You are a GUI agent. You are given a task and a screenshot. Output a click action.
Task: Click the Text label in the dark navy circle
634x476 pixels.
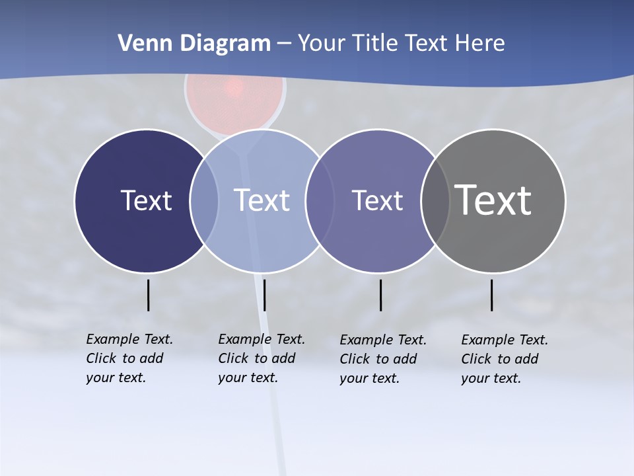coord(146,200)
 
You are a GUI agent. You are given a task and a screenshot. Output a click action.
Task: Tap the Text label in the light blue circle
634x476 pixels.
coord(262,200)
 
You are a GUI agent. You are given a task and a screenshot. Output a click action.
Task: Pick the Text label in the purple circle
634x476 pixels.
coord(377,200)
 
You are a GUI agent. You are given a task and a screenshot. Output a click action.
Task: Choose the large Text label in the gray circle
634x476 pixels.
coord(493,200)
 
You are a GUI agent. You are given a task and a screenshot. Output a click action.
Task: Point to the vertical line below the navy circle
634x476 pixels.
coord(149,295)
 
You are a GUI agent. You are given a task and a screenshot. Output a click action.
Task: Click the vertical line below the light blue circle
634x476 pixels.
coord(265,295)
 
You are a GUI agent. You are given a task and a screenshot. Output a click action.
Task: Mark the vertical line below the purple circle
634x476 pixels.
coord(381,295)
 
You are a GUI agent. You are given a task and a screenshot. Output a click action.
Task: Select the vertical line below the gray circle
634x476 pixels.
coord(492,295)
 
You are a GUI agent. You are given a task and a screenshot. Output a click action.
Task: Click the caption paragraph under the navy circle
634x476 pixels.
coord(129,358)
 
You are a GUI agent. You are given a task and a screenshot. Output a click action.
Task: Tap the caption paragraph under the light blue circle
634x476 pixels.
coord(261,358)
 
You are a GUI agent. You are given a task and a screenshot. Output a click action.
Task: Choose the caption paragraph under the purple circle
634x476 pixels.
coord(382,359)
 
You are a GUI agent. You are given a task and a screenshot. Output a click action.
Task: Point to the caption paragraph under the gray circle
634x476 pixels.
coord(504,359)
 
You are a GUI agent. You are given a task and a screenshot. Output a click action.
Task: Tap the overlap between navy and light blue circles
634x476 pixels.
coord(204,201)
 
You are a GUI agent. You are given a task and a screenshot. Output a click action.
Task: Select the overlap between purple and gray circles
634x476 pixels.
coord(435,201)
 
